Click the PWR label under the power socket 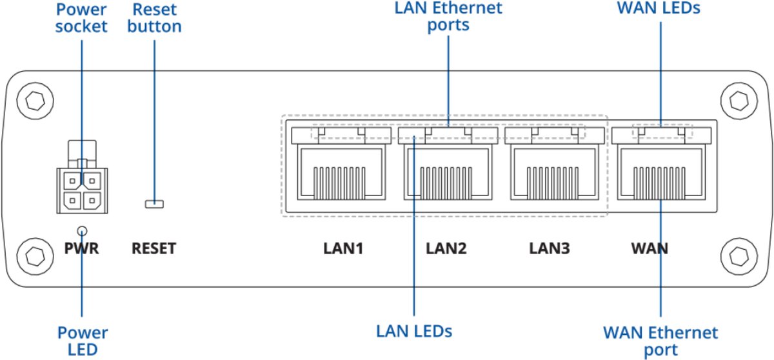[81, 248]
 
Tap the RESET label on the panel [154, 248]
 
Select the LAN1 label [344, 248]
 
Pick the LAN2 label [446, 248]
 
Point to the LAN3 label [550, 248]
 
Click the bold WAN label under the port [649, 248]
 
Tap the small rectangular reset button [154, 205]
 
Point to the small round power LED [82, 230]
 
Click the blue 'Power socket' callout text [81, 18]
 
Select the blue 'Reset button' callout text [155, 18]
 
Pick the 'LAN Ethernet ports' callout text [448, 16]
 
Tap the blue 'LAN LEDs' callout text [414, 331]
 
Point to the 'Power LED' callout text [82, 341]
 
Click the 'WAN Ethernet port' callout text [660, 341]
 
